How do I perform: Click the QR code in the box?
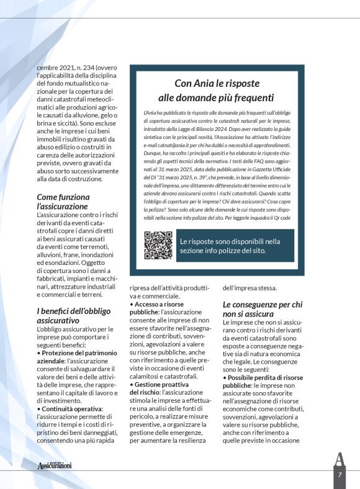(x=158, y=245)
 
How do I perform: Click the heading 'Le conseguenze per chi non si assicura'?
(x=263, y=308)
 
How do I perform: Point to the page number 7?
(x=340, y=475)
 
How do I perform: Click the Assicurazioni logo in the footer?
(x=55, y=465)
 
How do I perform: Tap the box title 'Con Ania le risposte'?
(x=216, y=84)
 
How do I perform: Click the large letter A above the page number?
(x=339, y=459)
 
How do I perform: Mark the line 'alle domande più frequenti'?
(x=216, y=97)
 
